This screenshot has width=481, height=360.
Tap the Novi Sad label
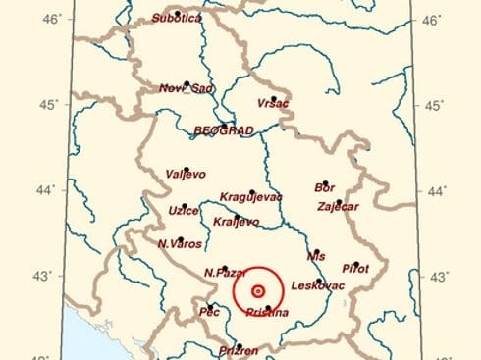click(187, 89)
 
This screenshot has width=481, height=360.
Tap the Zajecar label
click(339, 206)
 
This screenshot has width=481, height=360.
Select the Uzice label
click(184, 211)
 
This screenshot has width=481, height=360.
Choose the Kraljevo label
click(237, 222)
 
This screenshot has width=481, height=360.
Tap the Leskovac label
click(320, 285)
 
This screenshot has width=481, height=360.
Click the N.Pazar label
click(223, 272)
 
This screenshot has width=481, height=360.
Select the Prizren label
click(240, 349)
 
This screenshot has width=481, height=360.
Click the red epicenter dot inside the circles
click(258, 291)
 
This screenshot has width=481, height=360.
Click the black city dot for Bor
click(324, 181)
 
